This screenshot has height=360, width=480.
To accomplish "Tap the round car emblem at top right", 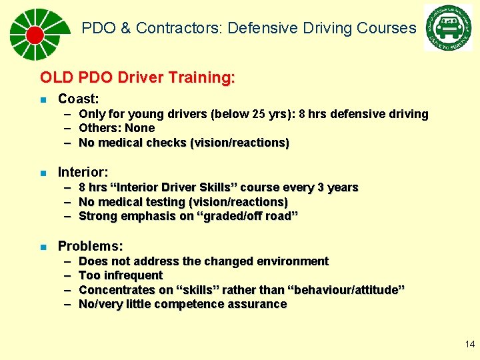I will click(447, 28).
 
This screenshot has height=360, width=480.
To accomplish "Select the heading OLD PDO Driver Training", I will click(137, 77).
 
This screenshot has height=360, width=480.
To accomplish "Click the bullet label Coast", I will click(78, 99).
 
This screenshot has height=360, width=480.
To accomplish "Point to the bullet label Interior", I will click(83, 172).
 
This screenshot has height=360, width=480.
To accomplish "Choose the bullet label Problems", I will click(90, 246).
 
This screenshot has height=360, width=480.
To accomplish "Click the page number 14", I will click(470, 344).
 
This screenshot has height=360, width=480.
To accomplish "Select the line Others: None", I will click(117, 128).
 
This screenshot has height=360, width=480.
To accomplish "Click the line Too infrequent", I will click(121, 275).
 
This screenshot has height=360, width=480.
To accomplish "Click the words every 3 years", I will click(327, 187).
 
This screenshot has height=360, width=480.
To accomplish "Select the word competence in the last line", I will click(185, 304).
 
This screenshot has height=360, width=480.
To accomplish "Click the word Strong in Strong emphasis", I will click(97, 216).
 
